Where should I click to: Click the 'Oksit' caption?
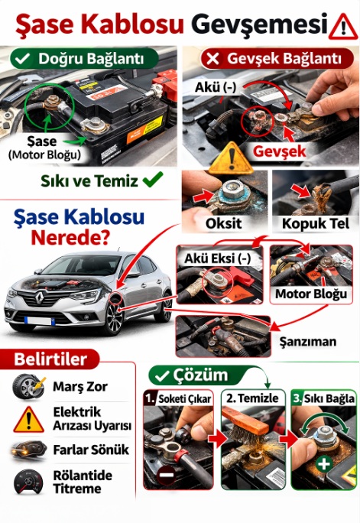[224, 223]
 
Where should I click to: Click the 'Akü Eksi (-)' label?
[217, 258]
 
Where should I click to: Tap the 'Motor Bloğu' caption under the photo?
[311, 294]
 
